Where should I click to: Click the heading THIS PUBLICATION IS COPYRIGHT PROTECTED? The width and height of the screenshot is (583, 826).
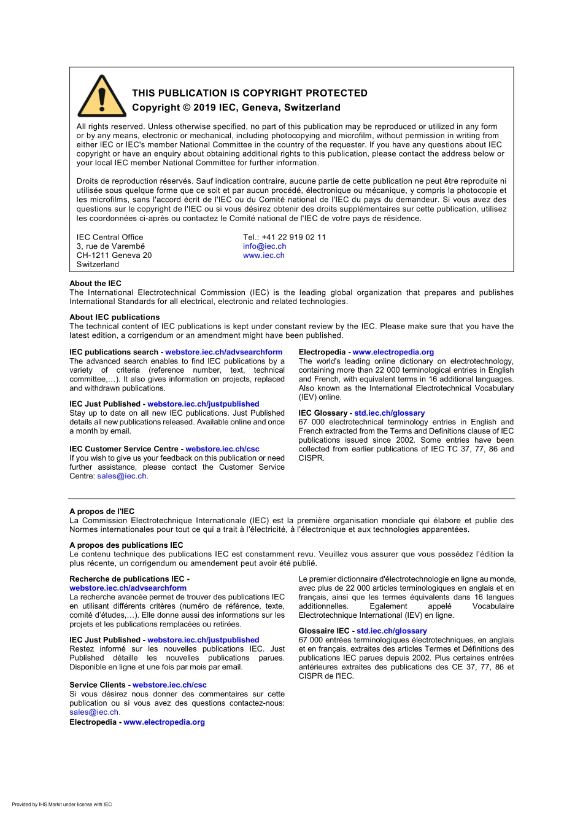(250, 93)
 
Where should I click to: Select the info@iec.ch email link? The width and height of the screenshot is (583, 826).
(264, 246)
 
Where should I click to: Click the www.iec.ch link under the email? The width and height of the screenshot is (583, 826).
(264, 255)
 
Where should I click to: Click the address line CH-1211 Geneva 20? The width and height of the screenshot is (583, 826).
(114, 255)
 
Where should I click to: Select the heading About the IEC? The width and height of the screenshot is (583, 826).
(95, 283)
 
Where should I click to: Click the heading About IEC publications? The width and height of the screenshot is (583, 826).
(114, 317)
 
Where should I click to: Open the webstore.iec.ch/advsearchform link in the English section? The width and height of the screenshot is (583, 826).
(223, 352)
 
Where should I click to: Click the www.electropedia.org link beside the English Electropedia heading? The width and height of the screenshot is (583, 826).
(393, 352)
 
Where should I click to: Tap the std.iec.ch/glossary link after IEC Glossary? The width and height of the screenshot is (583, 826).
(389, 413)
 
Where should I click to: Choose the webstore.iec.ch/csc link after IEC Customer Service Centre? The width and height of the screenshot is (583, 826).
(222, 449)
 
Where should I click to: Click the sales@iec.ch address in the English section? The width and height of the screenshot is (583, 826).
(122, 476)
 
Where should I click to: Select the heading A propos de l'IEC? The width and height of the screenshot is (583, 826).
(102, 511)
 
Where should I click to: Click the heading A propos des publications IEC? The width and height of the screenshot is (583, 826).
(126, 545)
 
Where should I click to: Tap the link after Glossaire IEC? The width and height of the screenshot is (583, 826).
(392, 631)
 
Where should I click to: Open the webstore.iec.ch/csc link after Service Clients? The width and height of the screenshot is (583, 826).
(169, 685)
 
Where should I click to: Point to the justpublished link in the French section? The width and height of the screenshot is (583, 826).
(203, 640)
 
